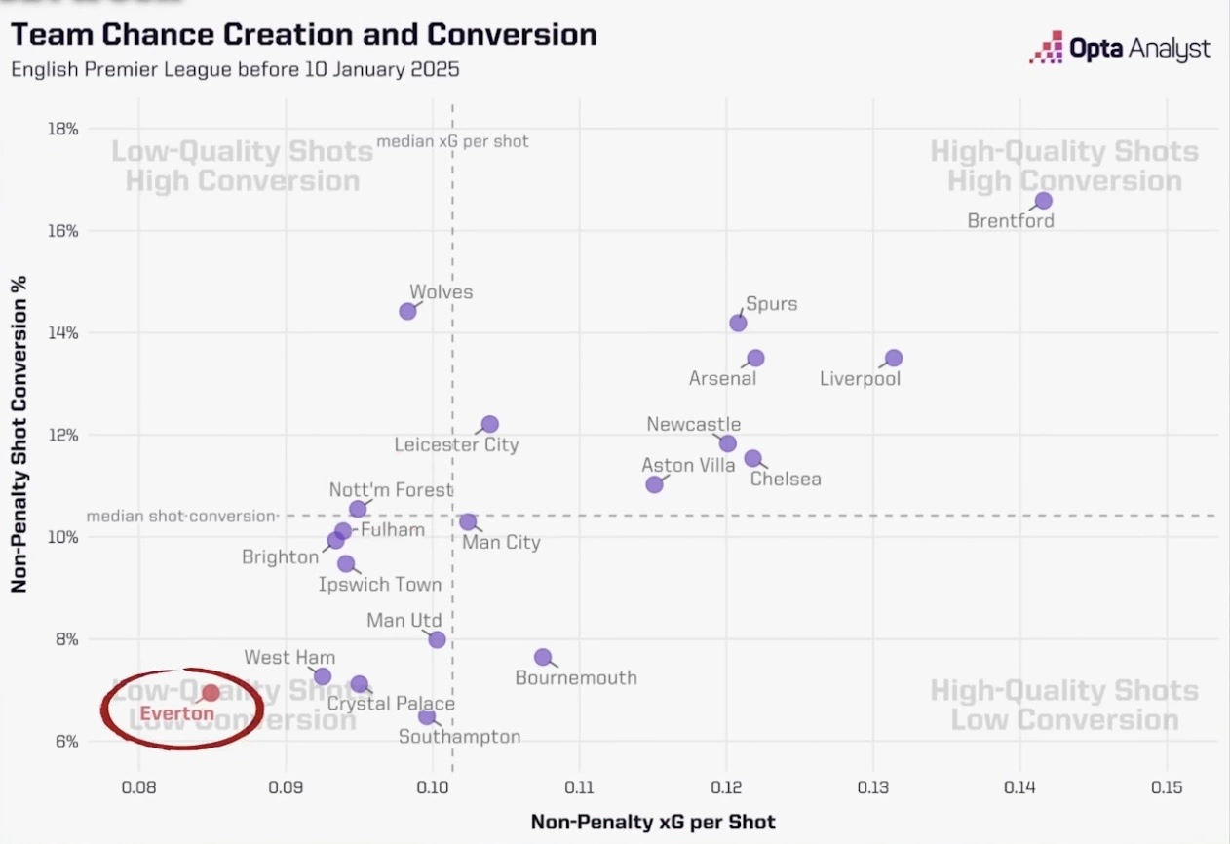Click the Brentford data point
tap(1043, 201)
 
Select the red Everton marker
tap(211, 693)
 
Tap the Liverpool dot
tap(894, 359)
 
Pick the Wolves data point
tap(407, 311)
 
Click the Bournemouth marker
tap(543, 657)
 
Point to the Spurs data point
tap(738, 323)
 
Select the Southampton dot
tap(427, 716)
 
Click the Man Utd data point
tap(437, 639)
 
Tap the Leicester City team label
tap(456, 445)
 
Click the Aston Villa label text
tap(688, 466)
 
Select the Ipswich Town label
tap(380, 585)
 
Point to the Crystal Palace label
tap(391, 704)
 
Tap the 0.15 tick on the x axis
tap(1167, 787)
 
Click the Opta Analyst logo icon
tap(1046, 48)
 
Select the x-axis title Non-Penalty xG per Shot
tap(653, 822)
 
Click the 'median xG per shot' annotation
tap(452, 141)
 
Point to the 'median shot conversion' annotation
tap(181, 516)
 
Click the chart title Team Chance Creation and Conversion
tap(303, 35)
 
